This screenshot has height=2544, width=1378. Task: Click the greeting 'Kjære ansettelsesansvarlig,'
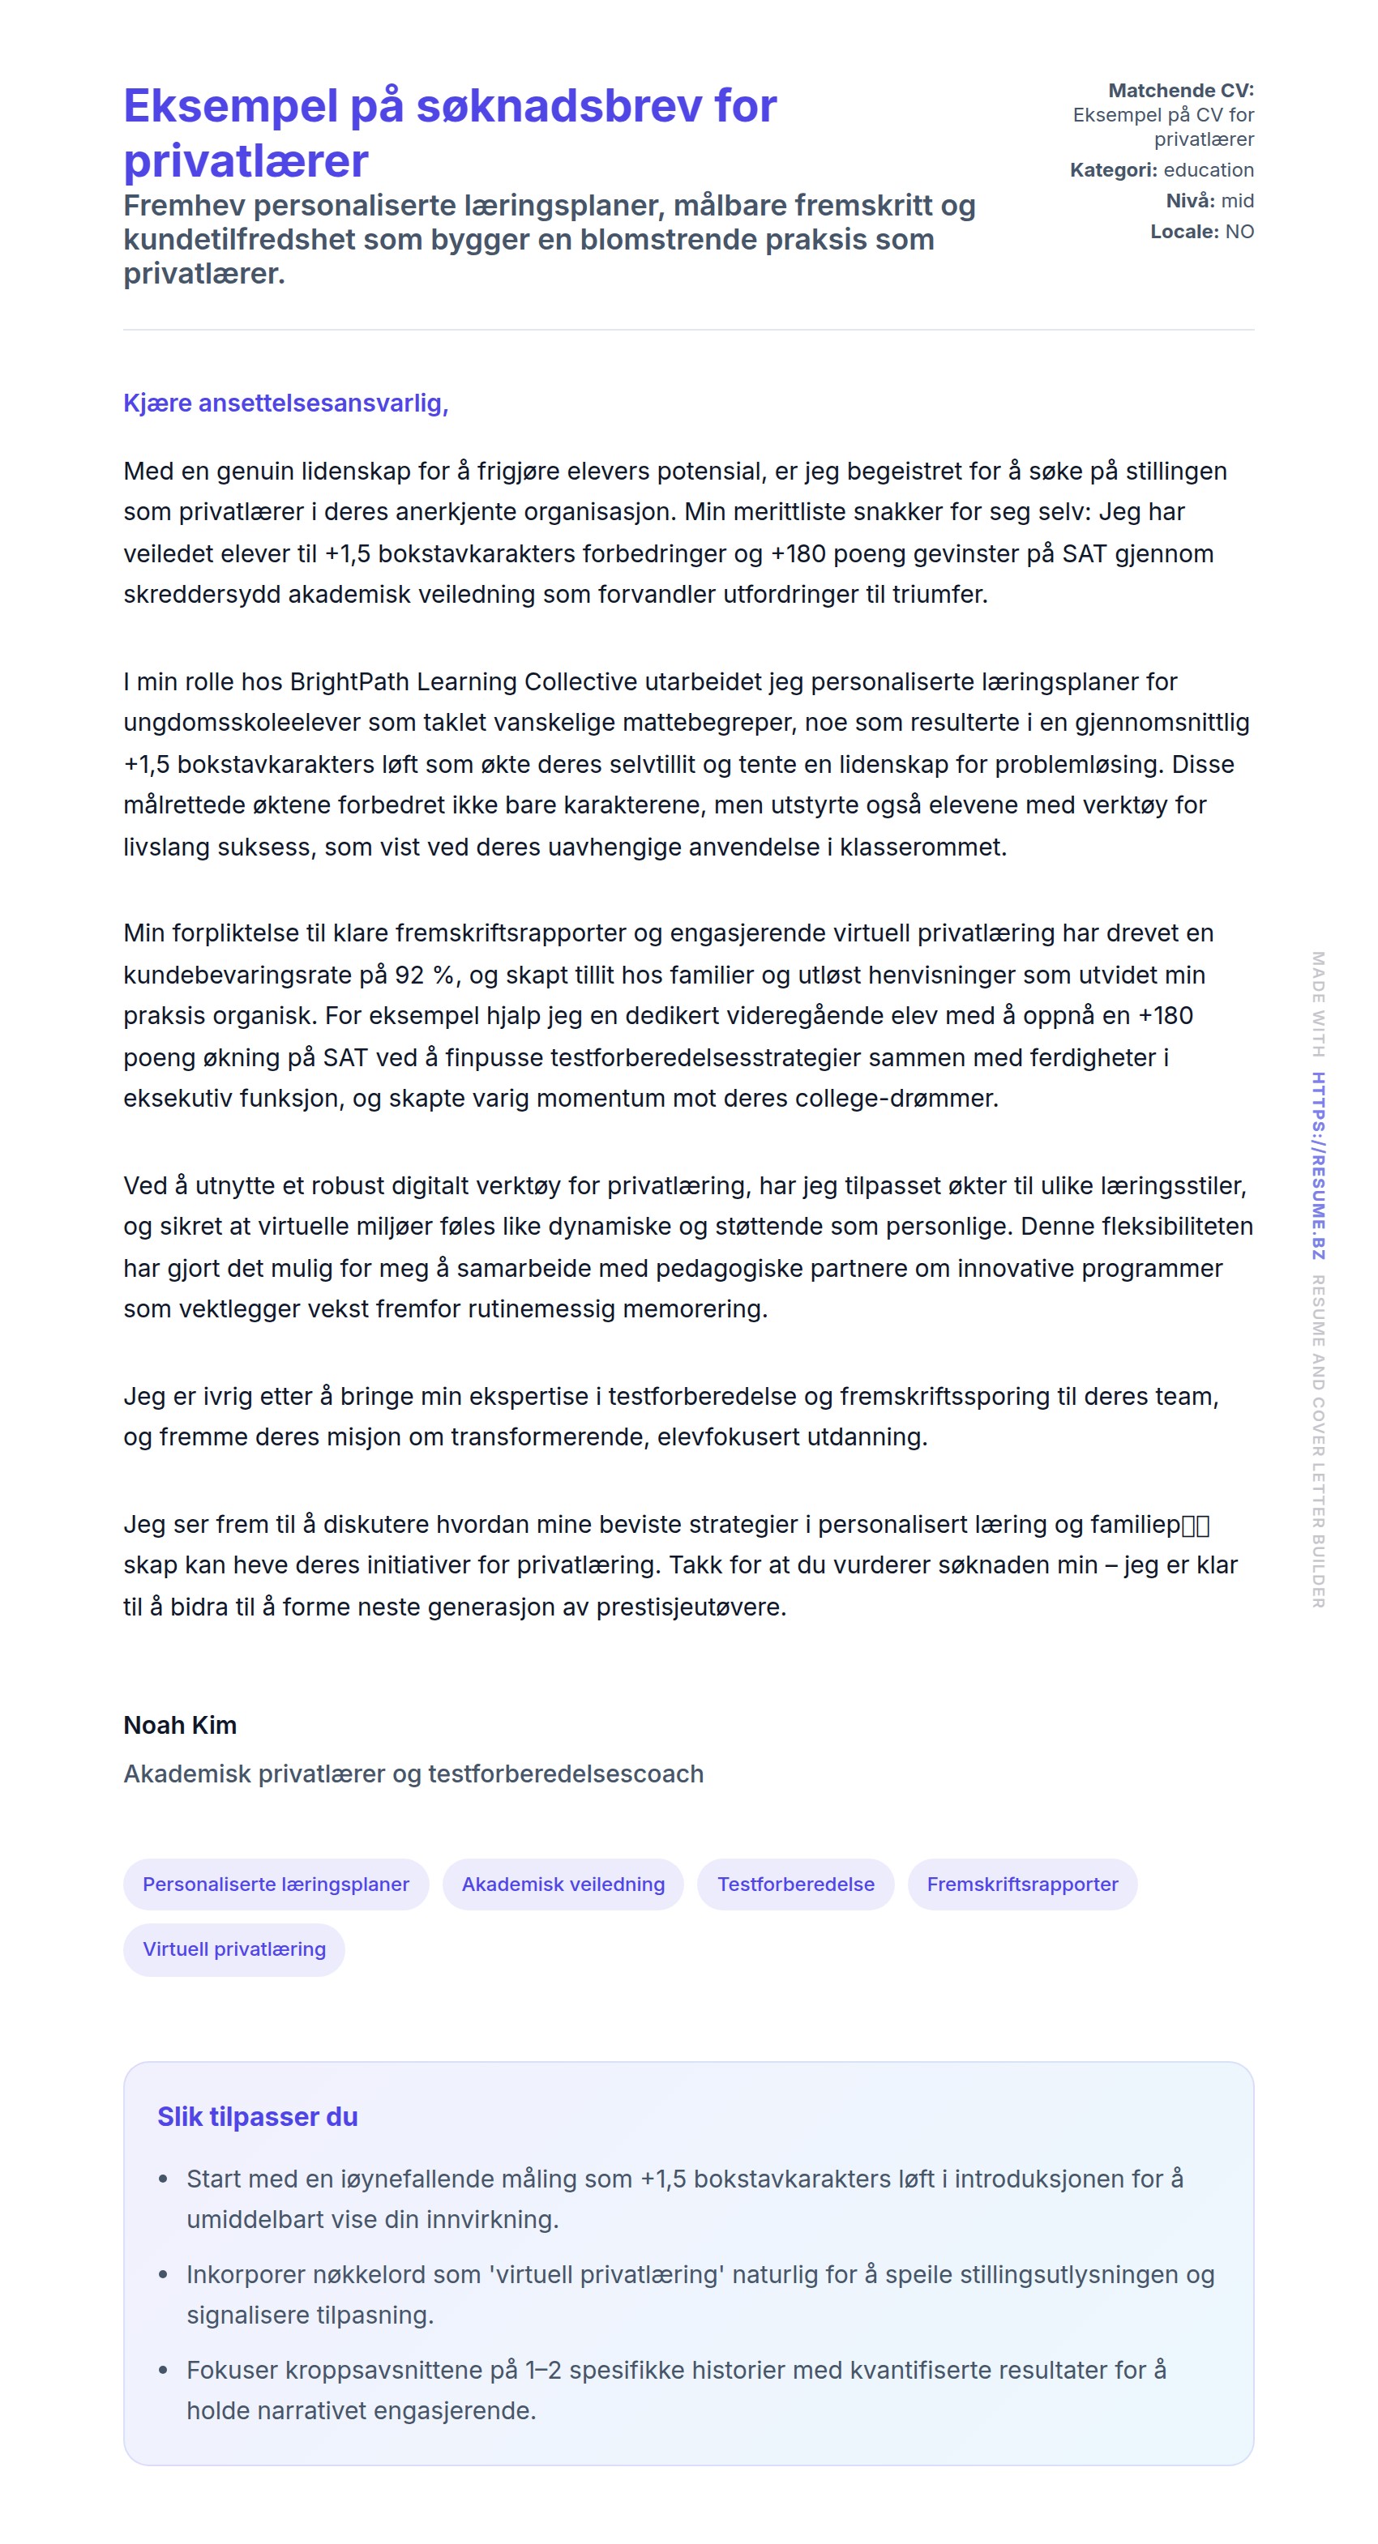(285, 403)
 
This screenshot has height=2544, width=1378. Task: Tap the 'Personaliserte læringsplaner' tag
(276, 1884)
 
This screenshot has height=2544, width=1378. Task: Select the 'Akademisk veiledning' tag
(563, 1884)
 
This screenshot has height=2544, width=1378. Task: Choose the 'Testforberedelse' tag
(795, 1884)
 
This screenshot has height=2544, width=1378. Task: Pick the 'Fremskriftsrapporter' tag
(1021, 1884)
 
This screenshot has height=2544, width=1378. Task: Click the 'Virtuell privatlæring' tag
(234, 1949)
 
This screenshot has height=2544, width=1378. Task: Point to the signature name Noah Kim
(180, 1724)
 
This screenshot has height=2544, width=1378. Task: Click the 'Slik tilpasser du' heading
(257, 2115)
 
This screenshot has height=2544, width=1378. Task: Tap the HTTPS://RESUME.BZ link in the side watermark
(1318, 1165)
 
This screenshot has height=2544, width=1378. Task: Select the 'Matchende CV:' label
(1180, 91)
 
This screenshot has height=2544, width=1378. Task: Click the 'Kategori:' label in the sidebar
(1113, 170)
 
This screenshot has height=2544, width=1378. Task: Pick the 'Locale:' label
(1184, 231)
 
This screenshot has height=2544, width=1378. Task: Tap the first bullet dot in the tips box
(164, 2179)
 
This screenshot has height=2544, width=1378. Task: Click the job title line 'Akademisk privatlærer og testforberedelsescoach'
(413, 1774)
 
